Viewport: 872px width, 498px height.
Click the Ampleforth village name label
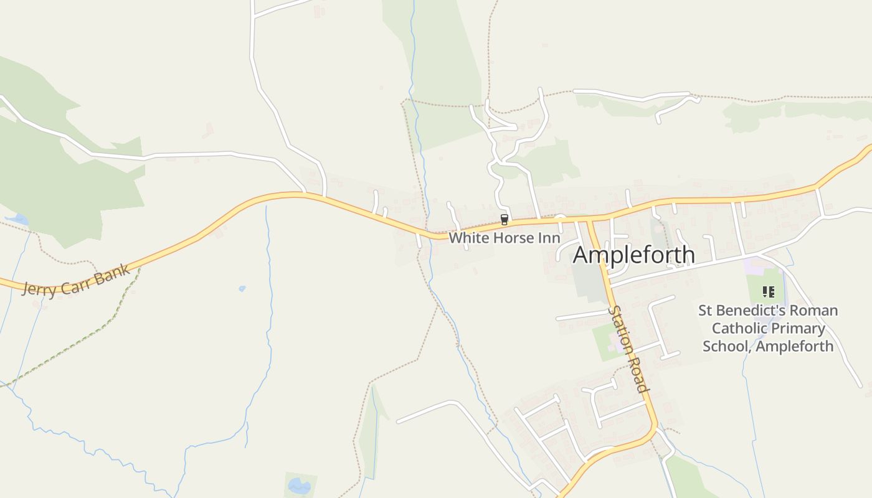pyautogui.click(x=633, y=255)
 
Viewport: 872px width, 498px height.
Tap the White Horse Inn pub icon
pyautogui.click(x=505, y=219)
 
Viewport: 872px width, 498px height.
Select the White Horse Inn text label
pyautogui.click(x=505, y=238)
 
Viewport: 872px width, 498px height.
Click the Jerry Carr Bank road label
pyautogui.click(x=76, y=280)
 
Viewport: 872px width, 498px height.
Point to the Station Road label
pyautogui.click(x=628, y=349)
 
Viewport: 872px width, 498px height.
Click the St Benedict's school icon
pyautogui.click(x=768, y=291)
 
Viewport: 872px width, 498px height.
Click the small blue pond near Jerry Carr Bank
pyautogui.click(x=19, y=219)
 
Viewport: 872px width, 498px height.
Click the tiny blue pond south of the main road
pyautogui.click(x=242, y=289)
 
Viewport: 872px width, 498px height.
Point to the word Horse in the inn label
pyautogui.click(x=503, y=238)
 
